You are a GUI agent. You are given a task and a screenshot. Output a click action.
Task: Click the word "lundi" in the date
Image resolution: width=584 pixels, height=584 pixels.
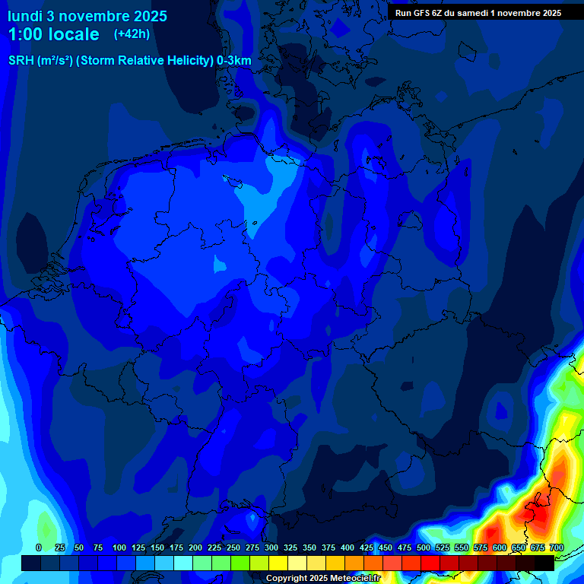click(x=24, y=16)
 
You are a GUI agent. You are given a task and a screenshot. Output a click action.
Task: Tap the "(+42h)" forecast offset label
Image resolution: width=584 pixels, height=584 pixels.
click(x=132, y=34)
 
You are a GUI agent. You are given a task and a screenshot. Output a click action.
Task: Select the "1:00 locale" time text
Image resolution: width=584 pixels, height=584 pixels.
click(x=53, y=34)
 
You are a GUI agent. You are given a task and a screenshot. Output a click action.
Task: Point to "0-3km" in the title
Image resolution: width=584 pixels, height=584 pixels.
click(x=234, y=61)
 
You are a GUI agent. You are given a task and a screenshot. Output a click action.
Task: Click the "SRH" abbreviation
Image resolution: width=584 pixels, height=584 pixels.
click(x=21, y=61)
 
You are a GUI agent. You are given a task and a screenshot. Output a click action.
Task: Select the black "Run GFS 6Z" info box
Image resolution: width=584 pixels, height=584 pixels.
click(x=478, y=13)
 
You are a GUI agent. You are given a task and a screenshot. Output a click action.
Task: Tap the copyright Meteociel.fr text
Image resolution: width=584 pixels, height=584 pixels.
click(x=322, y=578)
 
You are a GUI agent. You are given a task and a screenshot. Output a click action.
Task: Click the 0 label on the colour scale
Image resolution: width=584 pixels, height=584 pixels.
click(x=39, y=547)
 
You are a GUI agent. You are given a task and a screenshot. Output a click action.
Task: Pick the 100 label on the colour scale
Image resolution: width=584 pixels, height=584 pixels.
click(x=119, y=547)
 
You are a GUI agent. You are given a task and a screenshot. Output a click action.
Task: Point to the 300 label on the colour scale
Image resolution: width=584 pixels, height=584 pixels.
click(x=271, y=547)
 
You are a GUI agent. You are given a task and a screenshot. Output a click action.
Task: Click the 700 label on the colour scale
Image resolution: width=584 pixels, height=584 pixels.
click(x=556, y=547)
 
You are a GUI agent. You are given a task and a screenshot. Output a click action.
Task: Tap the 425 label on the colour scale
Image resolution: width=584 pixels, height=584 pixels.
click(x=366, y=547)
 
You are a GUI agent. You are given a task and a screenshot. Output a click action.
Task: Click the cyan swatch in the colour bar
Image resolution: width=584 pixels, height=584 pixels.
click(x=182, y=563)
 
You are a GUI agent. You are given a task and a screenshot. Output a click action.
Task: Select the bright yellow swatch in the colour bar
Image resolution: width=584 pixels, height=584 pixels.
click(x=278, y=563)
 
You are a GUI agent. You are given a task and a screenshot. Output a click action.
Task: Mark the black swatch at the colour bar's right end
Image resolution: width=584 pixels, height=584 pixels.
click(x=544, y=563)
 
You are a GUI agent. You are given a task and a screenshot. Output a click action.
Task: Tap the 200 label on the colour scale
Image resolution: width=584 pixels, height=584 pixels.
click(x=195, y=547)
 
